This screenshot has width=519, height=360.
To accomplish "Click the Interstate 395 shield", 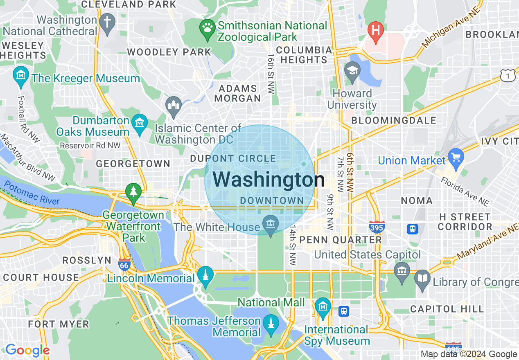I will click(x=376, y=227).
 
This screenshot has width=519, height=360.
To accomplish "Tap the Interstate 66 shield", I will click(x=124, y=264).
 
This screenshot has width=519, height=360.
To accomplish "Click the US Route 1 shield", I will click(x=508, y=76).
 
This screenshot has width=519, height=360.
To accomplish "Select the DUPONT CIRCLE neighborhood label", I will click(x=233, y=159).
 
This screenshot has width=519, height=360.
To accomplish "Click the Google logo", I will click(x=27, y=350).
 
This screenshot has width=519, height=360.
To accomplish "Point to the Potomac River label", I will click(x=32, y=193).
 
